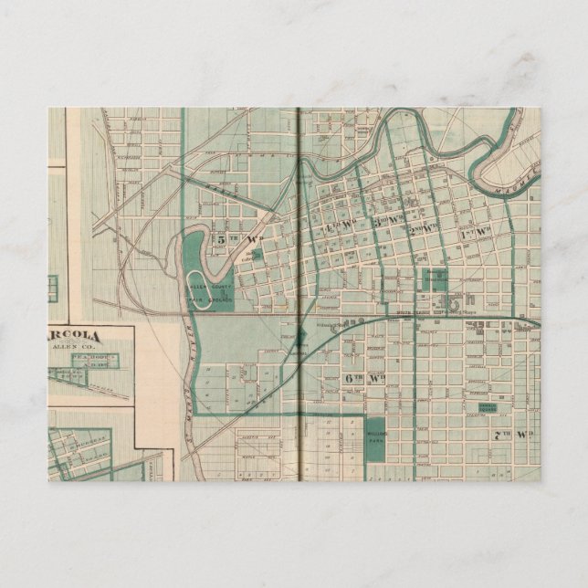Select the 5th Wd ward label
[225, 240]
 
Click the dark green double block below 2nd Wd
[433, 280]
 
